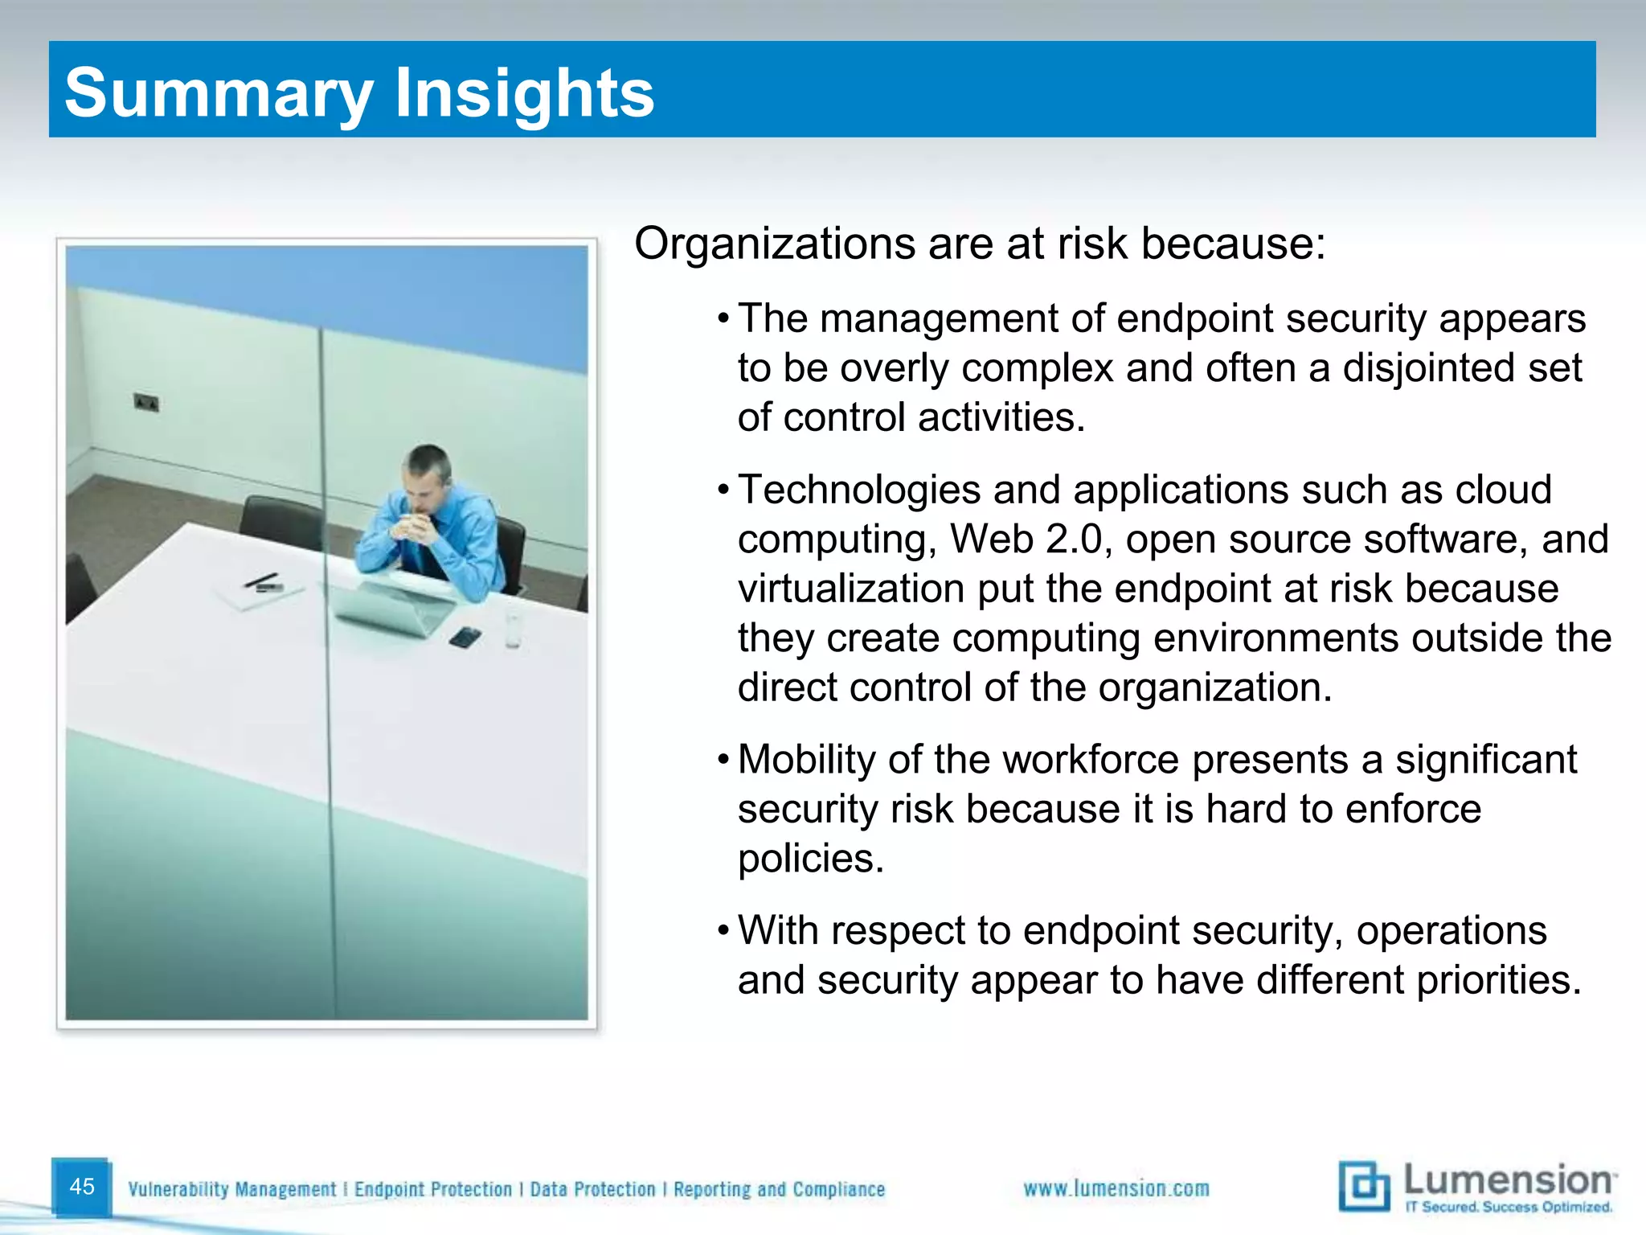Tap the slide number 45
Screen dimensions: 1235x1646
pos(82,1186)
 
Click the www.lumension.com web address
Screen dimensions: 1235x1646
pos(1116,1188)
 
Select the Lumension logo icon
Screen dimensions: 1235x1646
pos(1364,1186)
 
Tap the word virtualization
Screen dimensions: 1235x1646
pos(851,589)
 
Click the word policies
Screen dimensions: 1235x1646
pos(810,859)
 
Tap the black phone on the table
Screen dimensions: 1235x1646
pos(465,638)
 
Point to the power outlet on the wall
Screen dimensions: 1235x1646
pos(146,402)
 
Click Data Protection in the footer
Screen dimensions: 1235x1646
pos(592,1189)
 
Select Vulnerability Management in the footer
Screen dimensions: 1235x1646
pos(232,1189)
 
